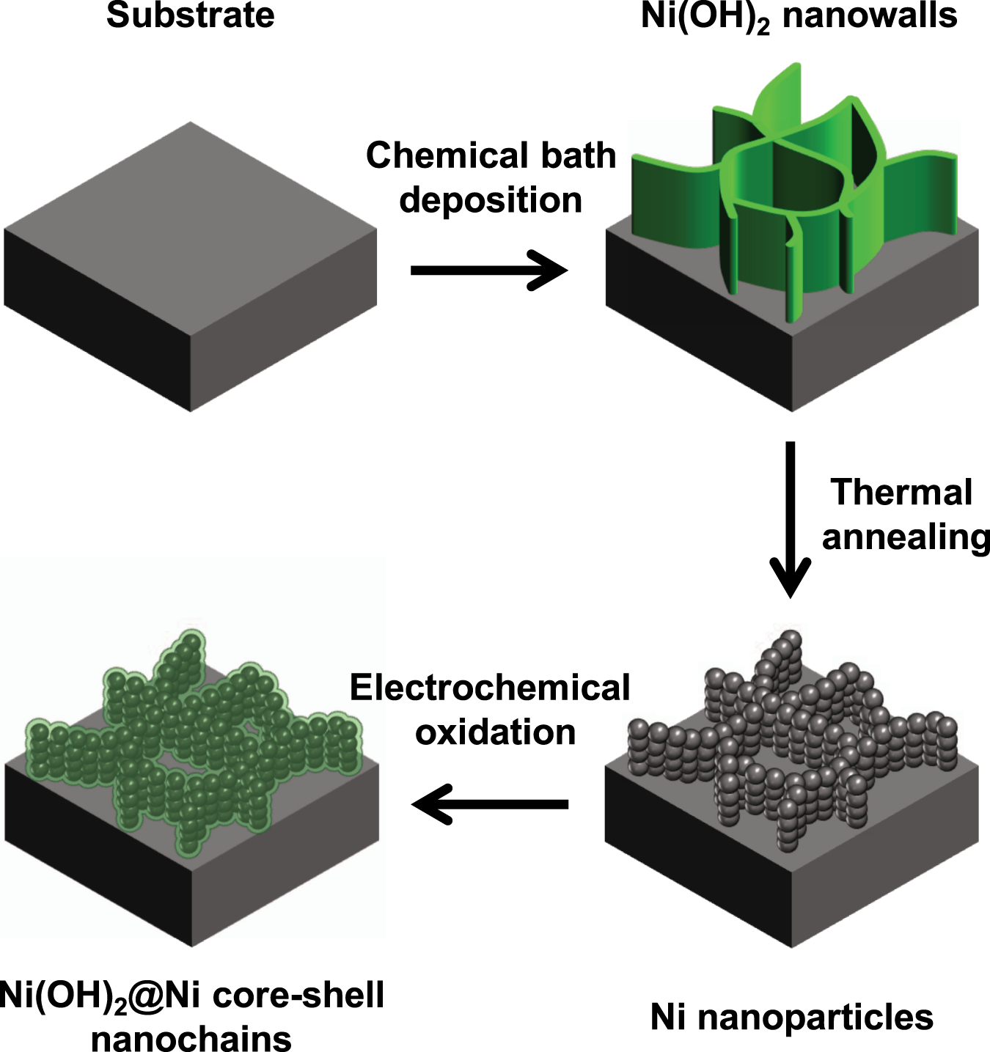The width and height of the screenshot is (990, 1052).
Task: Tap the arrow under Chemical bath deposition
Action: click(489, 271)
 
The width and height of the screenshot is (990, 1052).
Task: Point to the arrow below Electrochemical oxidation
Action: click(490, 804)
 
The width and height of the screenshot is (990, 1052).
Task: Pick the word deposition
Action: click(491, 200)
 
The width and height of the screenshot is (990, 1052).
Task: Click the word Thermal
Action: click(901, 492)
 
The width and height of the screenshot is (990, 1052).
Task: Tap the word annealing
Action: click(906, 537)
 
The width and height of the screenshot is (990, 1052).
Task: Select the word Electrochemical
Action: click(490, 688)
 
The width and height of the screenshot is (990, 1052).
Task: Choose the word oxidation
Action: click(496, 732)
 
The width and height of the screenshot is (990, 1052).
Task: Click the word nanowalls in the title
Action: click(870, 15)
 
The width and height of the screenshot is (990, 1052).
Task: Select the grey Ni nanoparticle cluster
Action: click(792, 740)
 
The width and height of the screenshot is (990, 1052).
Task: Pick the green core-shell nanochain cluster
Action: click(194, 740)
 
